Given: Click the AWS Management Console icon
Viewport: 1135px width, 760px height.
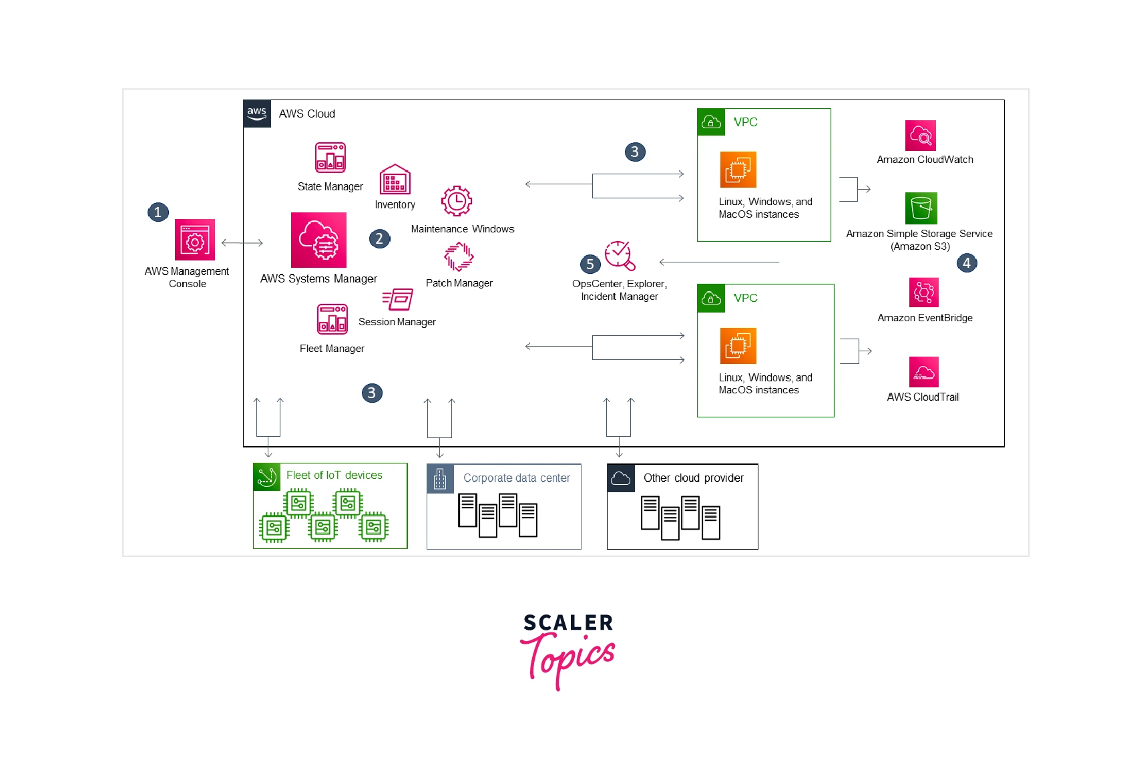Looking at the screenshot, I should [194, 240].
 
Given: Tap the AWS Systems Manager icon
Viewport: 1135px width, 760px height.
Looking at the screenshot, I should [318, 240].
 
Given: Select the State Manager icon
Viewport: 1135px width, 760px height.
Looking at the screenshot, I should [330, 158].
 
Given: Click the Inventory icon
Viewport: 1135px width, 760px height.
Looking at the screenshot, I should [395, 180].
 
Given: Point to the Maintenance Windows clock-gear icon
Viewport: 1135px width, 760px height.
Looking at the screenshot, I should [457, 201].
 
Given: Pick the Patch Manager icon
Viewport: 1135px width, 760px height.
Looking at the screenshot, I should [459, 256].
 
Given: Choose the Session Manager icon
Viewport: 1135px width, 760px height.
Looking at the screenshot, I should [398, 299].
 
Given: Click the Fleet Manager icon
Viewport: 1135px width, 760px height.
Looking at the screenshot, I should [332, 319].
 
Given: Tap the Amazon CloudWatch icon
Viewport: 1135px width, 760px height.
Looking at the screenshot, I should [920, 136].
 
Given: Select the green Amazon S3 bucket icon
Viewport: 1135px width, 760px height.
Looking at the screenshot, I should [921, 208].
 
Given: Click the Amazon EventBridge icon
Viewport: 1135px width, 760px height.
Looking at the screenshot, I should [924, 293].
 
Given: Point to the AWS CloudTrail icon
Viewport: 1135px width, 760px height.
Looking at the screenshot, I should [924, 372].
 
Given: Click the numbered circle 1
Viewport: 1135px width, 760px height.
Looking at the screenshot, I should [158, 212].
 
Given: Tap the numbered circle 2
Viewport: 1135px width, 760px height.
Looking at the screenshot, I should [379, 238].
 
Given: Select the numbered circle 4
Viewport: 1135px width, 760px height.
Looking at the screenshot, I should [966, 262].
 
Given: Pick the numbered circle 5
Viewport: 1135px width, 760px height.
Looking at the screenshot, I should [590, 264].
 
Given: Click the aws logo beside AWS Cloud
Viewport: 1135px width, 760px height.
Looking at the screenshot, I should [257, 114].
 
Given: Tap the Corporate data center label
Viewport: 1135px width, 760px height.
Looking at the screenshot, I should [516, 478].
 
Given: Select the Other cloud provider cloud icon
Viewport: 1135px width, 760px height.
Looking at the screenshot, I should [620, 478].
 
